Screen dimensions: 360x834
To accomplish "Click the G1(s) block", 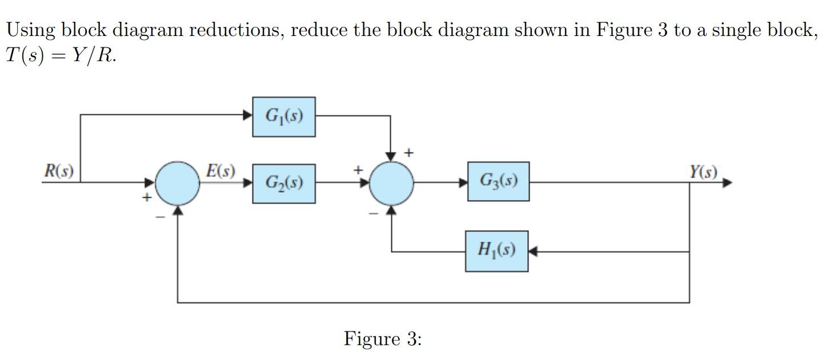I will (x=284, y=117).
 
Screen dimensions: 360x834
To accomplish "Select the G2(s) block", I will (x=284, y=183).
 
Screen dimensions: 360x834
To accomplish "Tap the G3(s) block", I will (x=498, y=181).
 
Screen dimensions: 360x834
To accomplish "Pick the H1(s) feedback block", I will (x=496, y=251).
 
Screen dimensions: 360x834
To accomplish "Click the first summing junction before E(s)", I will (x=178, y=183).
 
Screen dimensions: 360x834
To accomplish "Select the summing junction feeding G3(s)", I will (x=391, y=183).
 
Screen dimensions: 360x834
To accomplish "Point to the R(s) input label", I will (x=59, y=171).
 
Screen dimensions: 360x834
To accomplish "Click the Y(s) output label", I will (x=703, y=171).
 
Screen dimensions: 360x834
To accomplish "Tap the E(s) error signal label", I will (x=220, y=171).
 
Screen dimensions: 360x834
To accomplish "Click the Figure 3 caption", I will (x=382, y=339).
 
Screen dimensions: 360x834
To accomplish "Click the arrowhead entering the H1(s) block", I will (x=532, y=251).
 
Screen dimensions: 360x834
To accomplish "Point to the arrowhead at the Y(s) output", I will (x=727, y=183).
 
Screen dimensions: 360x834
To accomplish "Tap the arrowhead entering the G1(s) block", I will (x=248, y=115).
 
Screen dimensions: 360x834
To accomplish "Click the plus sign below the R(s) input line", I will (x=147, y=198).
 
